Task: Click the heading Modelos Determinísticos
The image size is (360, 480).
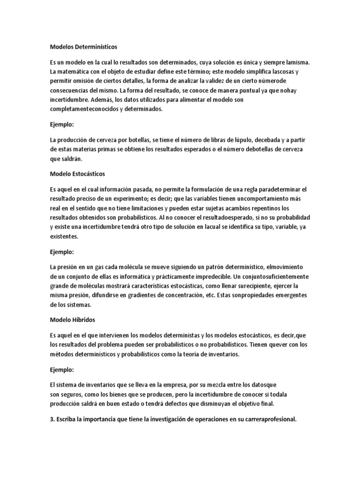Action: [83, 47]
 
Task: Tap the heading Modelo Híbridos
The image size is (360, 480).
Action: [73, 319]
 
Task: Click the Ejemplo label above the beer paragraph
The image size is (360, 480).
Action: [62, 126]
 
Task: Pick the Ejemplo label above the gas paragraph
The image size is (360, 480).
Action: [62, 252]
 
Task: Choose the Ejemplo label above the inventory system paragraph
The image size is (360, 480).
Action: [62, 370]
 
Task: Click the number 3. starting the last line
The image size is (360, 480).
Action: [52, 420]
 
